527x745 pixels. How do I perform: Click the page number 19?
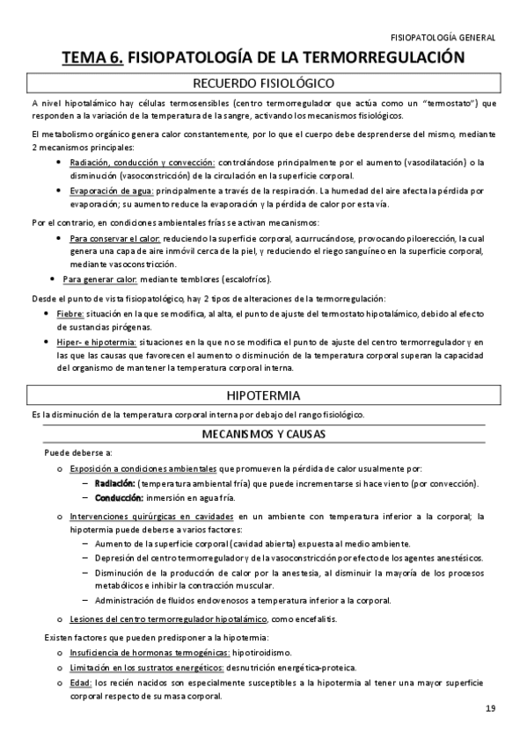(490, 709)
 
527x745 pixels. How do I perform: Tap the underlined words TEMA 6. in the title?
(92, 58)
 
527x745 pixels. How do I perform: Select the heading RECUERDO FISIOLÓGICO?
(263, 84)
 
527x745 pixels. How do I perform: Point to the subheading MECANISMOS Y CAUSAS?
(263, 433)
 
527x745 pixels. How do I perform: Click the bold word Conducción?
(119, 497)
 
